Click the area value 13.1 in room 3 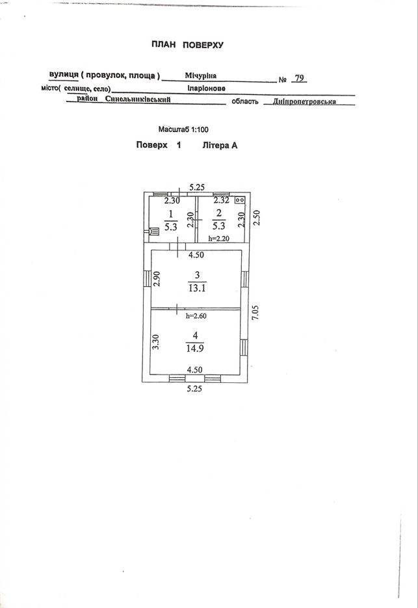point(197,288)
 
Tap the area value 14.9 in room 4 point(195,348)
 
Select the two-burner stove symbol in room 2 point(240,200)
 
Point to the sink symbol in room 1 point(154,231)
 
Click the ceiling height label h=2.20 point(218,239)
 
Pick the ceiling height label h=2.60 point(196,315)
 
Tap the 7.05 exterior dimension point(255,313)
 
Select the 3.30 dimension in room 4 point(156,343)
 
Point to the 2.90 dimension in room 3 point(156,279)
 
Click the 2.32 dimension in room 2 point(222,200)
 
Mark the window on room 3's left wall point(147,279)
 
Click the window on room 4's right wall point(244,347)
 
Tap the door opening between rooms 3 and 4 point(177,308)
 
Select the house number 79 point(299,78)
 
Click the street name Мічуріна point(200,75)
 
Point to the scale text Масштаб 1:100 point(183,129)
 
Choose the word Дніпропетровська point(304,102)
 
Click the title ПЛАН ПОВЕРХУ point(187,45)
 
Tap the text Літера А point(220,146)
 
